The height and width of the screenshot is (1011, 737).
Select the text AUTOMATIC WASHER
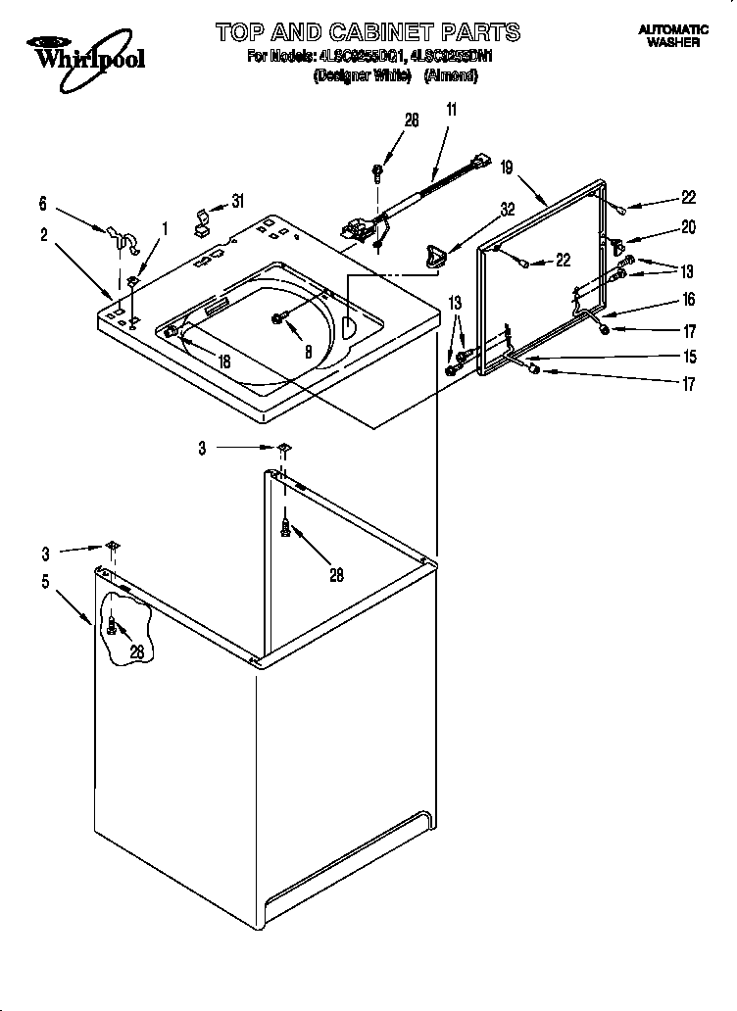pos(672,37)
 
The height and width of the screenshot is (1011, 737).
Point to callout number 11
pos(452,111)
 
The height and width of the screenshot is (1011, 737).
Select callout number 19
pos(507,168)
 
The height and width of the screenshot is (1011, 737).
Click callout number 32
pos(507,209)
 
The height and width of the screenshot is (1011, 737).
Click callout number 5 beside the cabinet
pos(45,581)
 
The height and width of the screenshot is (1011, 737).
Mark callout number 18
pos(224,361)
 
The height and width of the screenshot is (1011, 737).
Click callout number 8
pos(307,351)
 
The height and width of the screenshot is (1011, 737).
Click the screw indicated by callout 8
pos(279,316)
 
